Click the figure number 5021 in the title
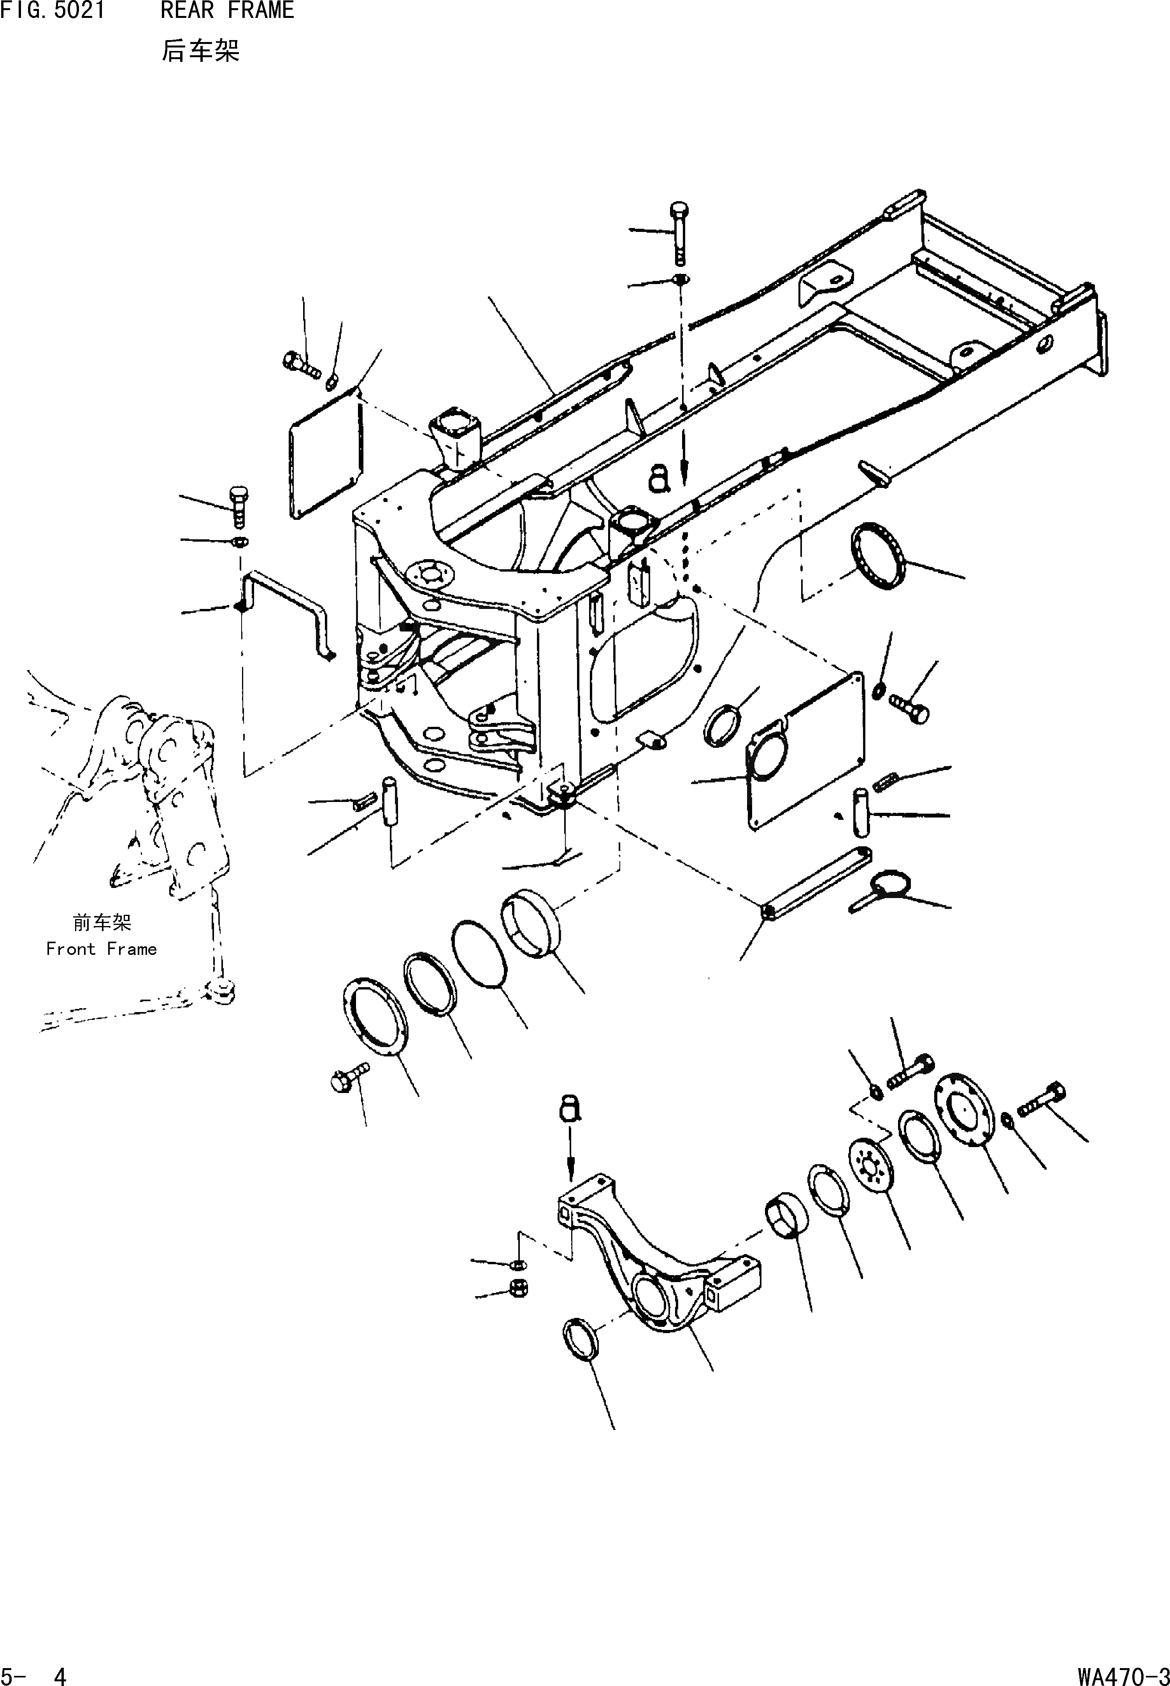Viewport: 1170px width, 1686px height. [79, 10]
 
